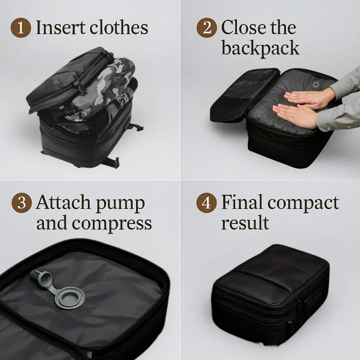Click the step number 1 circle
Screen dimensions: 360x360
point(20,27)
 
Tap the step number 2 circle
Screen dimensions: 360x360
point(206,27)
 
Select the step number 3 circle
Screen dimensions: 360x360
point(20,203)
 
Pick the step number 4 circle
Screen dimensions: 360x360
point(206,203)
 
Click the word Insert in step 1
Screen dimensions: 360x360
point(58,27)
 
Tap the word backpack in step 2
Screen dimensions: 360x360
point(260,48)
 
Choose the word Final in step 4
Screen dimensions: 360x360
point(242,203)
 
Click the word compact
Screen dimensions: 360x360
point(303,204)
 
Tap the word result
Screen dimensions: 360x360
point(245,223)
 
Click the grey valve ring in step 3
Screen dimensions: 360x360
point(69,297)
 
